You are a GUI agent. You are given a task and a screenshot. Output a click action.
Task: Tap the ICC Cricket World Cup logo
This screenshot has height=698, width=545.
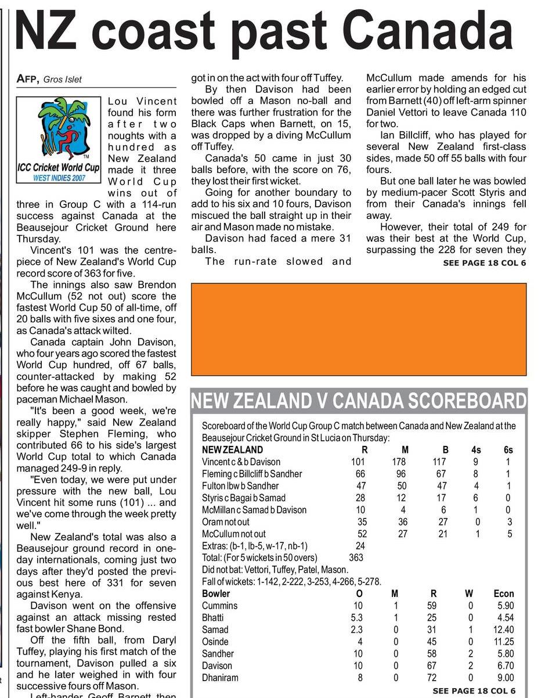pos(59,140)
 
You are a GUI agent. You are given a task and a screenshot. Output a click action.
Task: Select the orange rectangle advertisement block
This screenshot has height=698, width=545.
pos(359,329)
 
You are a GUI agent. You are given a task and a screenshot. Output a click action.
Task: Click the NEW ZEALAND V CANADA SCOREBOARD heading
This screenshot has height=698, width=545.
pos(358,401)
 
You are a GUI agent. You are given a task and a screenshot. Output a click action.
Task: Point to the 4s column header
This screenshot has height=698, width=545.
pos(476,450)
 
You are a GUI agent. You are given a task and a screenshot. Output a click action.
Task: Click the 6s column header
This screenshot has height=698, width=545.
pos(508,450)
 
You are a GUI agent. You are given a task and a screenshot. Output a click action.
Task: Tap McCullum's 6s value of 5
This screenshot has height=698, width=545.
pos(510,534)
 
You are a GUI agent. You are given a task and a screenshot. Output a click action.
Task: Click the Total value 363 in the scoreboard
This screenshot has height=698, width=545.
pos(356,557)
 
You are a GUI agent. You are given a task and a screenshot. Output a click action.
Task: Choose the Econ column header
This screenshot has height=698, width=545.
pos(503,593)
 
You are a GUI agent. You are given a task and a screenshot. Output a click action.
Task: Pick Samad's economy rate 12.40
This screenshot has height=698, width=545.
pos(503,629)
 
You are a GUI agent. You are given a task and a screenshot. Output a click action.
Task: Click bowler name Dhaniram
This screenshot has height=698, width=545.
pos(220,678)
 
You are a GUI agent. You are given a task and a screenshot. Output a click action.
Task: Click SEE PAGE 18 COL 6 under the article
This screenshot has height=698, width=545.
pos(484,263)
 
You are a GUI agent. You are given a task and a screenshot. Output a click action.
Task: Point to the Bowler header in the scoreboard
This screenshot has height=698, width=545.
pos(216,593)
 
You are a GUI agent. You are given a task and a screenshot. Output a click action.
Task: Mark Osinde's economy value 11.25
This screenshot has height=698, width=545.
pos(503,642)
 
